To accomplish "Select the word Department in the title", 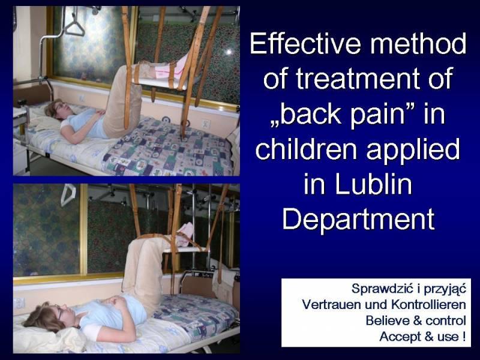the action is point(358,219).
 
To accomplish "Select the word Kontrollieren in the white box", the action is point(428,305).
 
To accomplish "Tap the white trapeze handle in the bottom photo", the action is point(68,194).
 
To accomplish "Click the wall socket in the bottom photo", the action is point(19,303).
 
